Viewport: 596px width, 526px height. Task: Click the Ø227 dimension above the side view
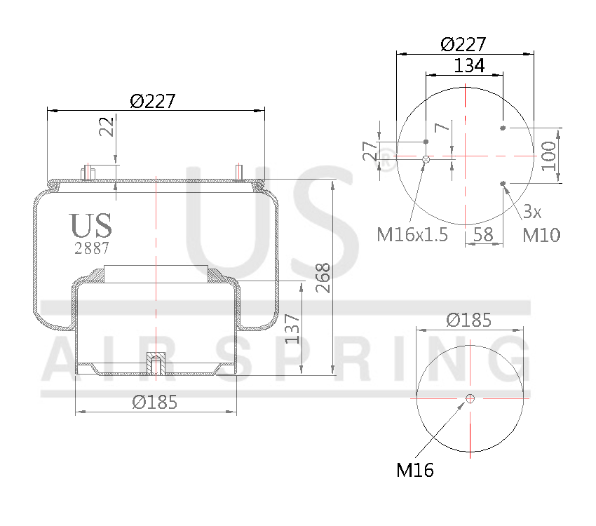click(x=152, y=101)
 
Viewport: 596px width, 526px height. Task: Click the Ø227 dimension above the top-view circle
click(x=463, y=44)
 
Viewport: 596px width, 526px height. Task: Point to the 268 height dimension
click(x=323, y=279)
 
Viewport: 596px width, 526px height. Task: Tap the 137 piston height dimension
click(x=292, y=328)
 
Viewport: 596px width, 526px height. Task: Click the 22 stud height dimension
click(x=107, y=127)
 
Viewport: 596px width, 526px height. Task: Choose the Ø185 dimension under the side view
click(x=154, y=403)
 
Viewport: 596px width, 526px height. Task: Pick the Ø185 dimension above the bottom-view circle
click(x=469, y=320)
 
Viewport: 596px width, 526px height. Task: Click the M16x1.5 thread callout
click(x=412, y=234)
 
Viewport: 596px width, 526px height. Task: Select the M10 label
click(x=541, y=235)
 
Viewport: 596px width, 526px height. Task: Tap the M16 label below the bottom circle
click(x=415, y=470)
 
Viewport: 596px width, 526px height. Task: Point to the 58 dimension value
click(x=483, y=234)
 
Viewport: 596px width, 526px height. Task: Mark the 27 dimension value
click(x=370, y=151)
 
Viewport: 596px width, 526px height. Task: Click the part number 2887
click(x=91, y=248)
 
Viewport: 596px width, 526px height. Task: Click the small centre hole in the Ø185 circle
click(x=470, y=398)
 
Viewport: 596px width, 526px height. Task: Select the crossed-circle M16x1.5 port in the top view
click(x=426, y=160)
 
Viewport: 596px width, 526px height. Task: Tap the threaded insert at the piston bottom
click(x=154, y=364)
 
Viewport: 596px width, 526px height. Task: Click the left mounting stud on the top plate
click(x=89, y=172)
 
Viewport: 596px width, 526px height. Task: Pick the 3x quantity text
click(x=532, y=210)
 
